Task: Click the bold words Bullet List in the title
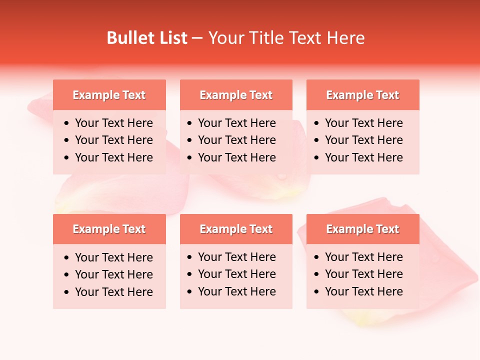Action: pyautogui.click(x=147, y=38)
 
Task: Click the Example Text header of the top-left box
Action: pyautogui.click(x=109, y=95)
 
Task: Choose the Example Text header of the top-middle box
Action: pyautogui.click(x=236, y=95)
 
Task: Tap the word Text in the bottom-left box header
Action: pyautogui.click(x=133, y=229)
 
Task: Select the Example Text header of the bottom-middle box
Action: pyautogui.click(x=236, y=229)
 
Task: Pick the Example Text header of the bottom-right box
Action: pyautogui.click(x=362, y=229)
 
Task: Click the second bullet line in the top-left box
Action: pyautogui.click(x=113, y=140)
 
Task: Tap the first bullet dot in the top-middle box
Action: pyautogui.click(x=189, y=123)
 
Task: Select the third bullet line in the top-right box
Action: pyautogui.click(x=363, y=157)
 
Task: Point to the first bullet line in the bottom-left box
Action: pyautogui.click(x=113, y=257)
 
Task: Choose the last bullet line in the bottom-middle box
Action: pyautogui.click(x=236, y=291)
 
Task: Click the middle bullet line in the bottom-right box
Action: pyautogui.click(x=363, y=274)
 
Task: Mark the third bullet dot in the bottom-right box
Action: pyautogui.click(x=316, y=292)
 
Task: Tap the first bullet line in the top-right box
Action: pyautogui.click(x=363, y=123)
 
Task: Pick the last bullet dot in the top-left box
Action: pyautogui.click(x=67, y=158)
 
